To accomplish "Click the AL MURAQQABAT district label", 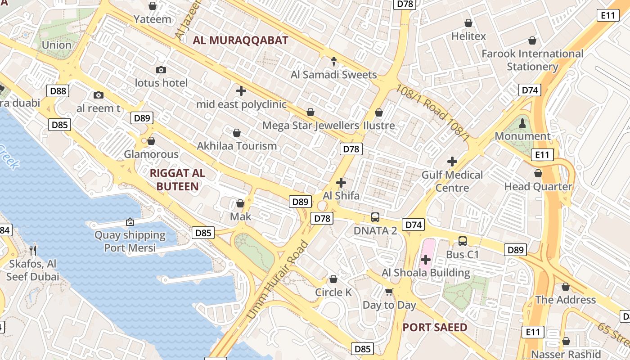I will (x=240, y=40).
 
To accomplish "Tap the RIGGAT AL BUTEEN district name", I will (x=177, y=180).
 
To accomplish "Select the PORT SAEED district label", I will (x=435, y=327).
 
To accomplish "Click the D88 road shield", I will (x=58, y=91).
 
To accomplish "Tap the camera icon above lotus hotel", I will (x=161, y=70).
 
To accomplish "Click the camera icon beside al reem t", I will (x=99, y=95).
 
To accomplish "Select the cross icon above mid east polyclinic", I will (x=241, y=91).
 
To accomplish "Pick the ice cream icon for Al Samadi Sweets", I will (x=334, y=61).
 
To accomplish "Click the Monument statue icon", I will (x=522, y=122).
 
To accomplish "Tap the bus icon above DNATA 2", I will (x=375, y=217).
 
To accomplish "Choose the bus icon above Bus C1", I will (x=463, y=241).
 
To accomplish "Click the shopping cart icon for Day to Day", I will (x=389, y=292).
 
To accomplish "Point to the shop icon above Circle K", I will (x=333, y=279).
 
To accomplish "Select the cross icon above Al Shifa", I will (x=341, y=182).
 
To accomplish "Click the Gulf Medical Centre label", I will (x=452, y=181).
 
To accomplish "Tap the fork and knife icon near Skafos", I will (x=32, y=250).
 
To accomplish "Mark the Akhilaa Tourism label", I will (x=237, y=146).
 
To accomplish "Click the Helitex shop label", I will (x=468, y=36).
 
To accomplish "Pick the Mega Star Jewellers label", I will (x=310, y=126).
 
